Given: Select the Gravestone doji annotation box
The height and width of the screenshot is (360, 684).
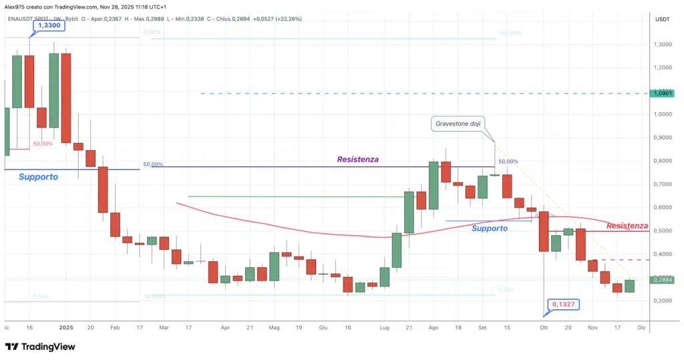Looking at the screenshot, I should click(x=458, y=124).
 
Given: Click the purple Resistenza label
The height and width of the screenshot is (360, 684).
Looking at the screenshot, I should click(x=357, y=160).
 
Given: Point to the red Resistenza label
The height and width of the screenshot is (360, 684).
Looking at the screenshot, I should click(x=627, y=226).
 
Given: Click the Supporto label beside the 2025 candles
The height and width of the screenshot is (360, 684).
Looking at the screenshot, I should click(x=38, y=177).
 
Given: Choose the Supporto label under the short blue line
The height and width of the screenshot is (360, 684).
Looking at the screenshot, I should click(x=489, y=228).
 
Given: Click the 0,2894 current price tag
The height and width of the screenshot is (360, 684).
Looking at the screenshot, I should click(x=663, y=280).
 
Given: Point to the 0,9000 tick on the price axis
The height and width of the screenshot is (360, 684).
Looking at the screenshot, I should click(x=663, y=138).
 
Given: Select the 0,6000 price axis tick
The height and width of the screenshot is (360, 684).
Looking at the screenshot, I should click(x=663, y=208).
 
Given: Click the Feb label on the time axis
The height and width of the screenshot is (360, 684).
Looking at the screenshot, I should click(x=114, y=328).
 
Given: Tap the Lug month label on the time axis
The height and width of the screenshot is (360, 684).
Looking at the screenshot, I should click(x=383, y=328).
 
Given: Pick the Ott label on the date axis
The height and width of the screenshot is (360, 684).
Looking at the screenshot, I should click(x=544, y=328).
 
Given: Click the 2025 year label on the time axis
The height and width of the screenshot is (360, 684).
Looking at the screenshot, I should click(x=65, y=328).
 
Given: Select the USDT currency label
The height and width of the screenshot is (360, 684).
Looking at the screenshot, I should click(x=663, y=19).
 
